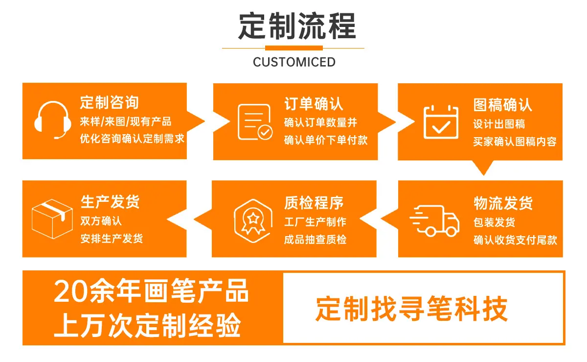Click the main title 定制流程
297,26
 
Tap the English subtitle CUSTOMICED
294,62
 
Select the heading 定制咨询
109,102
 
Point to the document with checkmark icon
255,122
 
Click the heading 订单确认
314,104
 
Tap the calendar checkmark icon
441,122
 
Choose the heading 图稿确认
503,105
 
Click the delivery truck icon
434,220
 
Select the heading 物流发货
503,203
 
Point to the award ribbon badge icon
253,221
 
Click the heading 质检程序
314,203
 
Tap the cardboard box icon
52,218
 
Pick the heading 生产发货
110,202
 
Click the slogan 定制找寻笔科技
412,309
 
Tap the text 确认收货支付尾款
515,240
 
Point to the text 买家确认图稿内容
515,142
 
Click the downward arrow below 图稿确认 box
484,168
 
